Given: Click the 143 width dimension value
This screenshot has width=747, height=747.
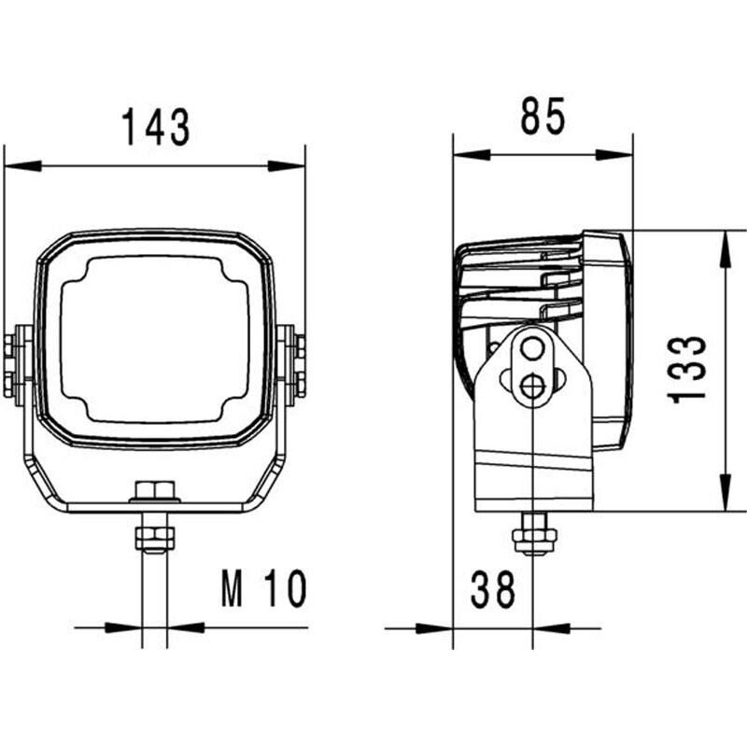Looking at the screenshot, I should pos(156,127).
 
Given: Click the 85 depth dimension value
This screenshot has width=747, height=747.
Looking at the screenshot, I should pos(543,117).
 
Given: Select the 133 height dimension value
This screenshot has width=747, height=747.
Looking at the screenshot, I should pos(688,369).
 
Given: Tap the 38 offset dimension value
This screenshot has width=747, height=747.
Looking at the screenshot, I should pos(492,590).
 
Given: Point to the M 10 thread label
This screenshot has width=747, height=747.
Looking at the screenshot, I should pos(264,590).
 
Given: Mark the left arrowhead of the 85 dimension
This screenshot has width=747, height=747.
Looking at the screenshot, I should pos(472,155).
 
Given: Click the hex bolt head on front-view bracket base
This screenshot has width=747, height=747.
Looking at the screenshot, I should pos(156,491).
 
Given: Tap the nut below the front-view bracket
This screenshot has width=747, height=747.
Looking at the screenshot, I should pos(156,539).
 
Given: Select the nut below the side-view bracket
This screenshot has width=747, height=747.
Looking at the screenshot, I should pos(534,540).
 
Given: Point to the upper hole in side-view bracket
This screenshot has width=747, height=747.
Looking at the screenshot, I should pos(533,349).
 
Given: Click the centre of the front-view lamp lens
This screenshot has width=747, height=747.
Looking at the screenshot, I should pos(156,340).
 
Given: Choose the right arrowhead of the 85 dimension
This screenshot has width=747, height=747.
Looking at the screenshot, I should pos(613,155).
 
